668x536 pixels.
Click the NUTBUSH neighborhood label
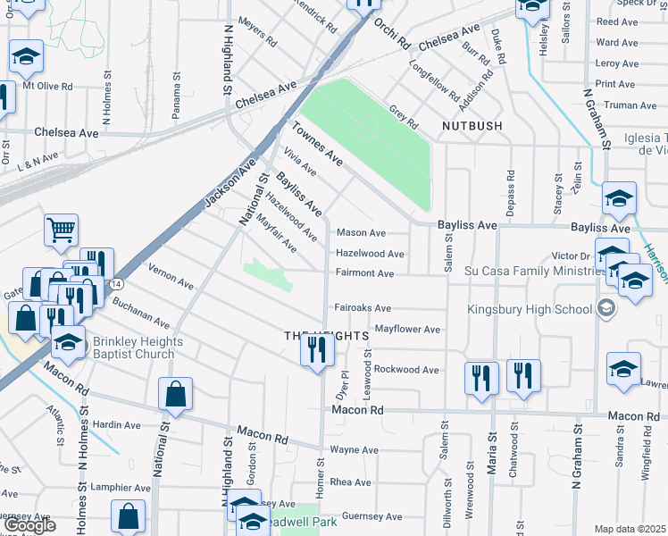[x=472, y=126]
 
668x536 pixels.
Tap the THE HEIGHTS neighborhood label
[x=326, y=335]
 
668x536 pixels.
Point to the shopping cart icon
[x=61, y=230]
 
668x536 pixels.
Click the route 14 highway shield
[x=118, y=283]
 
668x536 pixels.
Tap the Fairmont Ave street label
[x=364, y=273]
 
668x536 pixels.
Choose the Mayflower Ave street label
[x=407, y=330]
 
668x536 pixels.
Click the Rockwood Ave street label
[x=406, y=369]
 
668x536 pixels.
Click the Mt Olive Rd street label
[x=47, y=87]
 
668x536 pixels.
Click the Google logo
[x=29, y=525]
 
